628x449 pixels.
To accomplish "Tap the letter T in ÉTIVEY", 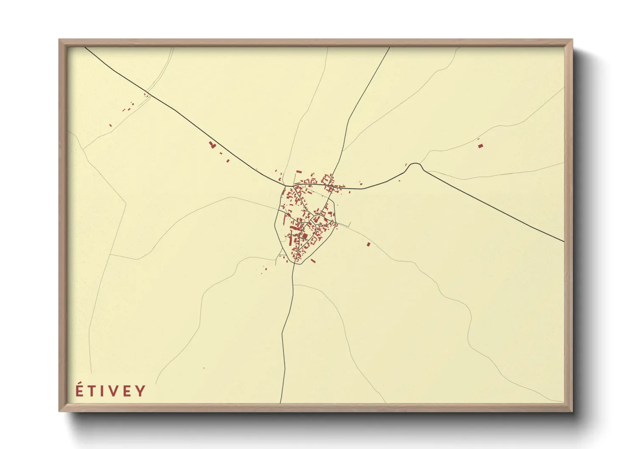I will click(92, 391).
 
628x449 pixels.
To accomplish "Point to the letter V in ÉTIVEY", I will click(112, 391).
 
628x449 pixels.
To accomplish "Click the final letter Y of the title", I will click(140, 391).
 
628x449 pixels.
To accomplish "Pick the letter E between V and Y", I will click(127, 391).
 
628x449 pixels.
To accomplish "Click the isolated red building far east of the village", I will click(480, 146).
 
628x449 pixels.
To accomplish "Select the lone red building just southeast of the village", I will click(368, 244).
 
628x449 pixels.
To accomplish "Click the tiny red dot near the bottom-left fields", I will click(204, 368).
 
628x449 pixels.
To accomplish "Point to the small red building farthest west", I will click(110, 125).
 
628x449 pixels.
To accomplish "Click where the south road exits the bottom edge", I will click(280, 402).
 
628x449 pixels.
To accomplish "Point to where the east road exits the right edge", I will click(564, 241).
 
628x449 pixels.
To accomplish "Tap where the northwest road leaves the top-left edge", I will click(85, 47).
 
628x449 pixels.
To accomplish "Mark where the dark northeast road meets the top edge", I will click(389, 47).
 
